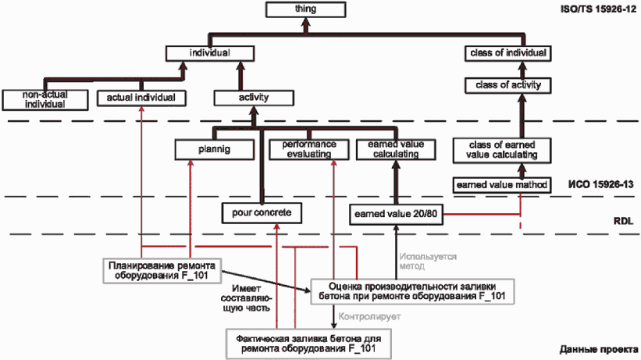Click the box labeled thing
pos(306,9)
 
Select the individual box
pos(210,53)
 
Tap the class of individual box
pos(508,53)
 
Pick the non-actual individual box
pos(45,99)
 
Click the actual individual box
pos(141,98)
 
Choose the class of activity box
pos(508,85)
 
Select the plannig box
pos(215,149)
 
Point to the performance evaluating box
pos(309,149)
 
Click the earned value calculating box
pos(396,149)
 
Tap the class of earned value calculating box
pos(502,150)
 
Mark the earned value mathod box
pos(502,185)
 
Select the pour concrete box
pos(262,212)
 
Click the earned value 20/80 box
pos(396,214)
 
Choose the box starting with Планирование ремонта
pos(162,270)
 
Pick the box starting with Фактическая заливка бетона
pos(308,344)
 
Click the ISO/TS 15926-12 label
pos(599,9)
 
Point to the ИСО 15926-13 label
pos(601,184)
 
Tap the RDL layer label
pos(623,221)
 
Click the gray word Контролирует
pos(369,316)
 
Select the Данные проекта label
pos(599,350)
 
